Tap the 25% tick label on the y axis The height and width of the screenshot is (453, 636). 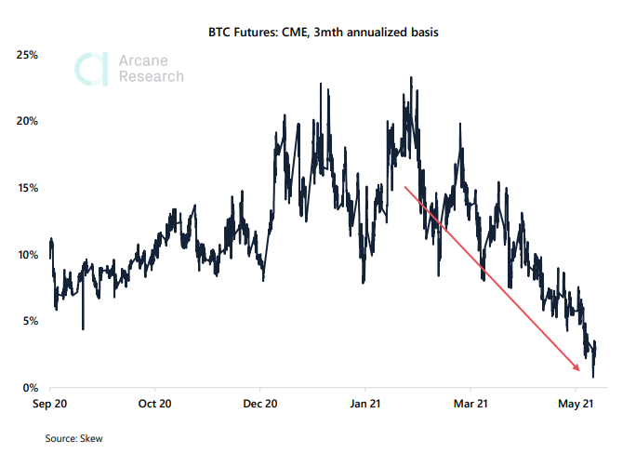pos(27,55)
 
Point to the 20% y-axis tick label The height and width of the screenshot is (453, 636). pos(27,121)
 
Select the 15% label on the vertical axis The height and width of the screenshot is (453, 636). pos(27,188)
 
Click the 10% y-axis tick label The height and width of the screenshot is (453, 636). pos(27,254)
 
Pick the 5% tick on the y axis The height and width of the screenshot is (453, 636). pos(30,321)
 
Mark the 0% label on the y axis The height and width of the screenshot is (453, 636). pos(30,387)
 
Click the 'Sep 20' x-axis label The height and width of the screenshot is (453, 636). pos(49,405)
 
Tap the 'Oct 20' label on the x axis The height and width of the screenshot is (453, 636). pos(154,405)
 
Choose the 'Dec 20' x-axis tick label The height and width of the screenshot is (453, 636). pos(260,405)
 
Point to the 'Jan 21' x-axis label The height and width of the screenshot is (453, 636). pos(365,405)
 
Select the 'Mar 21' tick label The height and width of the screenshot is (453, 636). pos(470,405)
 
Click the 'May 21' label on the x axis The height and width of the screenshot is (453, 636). pos(576,405)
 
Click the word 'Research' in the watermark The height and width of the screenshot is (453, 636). pos(152,77)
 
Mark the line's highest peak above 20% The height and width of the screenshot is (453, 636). pos(411,78)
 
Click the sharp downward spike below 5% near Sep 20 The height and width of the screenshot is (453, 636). pos(83,327)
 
